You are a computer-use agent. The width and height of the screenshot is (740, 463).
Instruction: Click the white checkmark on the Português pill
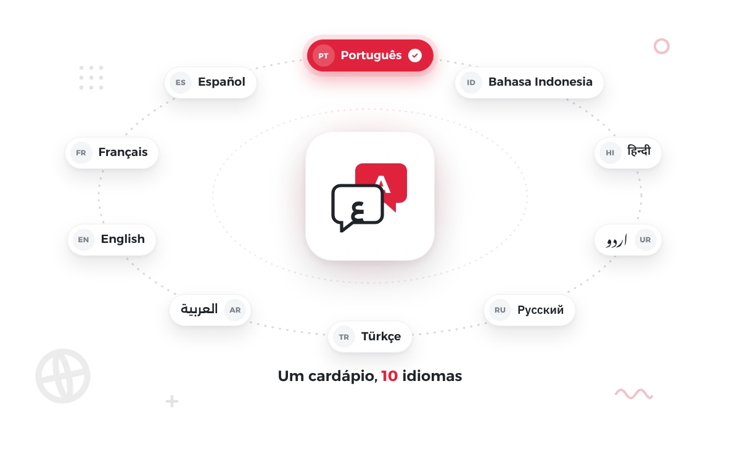pyautogui.click(x=415, y=55)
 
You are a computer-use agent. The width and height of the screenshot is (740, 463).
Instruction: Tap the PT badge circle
pyautogui.click(x=323, y=55)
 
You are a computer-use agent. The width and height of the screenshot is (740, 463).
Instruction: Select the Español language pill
pyautogui.click(x=210, y=82)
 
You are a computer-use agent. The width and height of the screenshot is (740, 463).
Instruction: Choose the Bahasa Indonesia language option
pyautogui.click(x=529, y=82)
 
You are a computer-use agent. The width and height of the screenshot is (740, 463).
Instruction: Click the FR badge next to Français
pyautogui.click(x=81, y=153)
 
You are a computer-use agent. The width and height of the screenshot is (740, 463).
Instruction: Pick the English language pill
pyautogui.click(x=112, y=239)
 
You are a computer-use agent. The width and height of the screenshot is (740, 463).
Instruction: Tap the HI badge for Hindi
pyautogui.click(x=610, y=153)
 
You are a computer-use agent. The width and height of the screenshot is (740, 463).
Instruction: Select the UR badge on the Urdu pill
pyautogui.click(x=645, y=239)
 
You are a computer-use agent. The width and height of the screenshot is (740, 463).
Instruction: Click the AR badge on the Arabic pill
pyautogui.click(x=235, y=309)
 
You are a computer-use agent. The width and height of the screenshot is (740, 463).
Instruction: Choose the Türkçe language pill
pyautogui.click(x=370, y=337)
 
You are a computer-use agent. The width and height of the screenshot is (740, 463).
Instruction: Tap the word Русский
pyautogui.click(x=540, y=310)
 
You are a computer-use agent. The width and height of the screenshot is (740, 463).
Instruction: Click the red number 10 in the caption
pyautogui.click(x=390, y=376)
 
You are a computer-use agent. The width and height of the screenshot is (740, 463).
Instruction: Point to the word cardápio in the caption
pyautogui.click(x=343, y=377)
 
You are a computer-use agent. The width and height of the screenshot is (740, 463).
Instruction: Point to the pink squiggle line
pyautogui.click(x=634, y=394)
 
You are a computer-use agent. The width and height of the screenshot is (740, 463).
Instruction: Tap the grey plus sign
pyautogui.click(x=172, y=401)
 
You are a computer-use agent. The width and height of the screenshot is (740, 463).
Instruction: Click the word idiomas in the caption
pyautogui.click(x=432, y=376)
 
